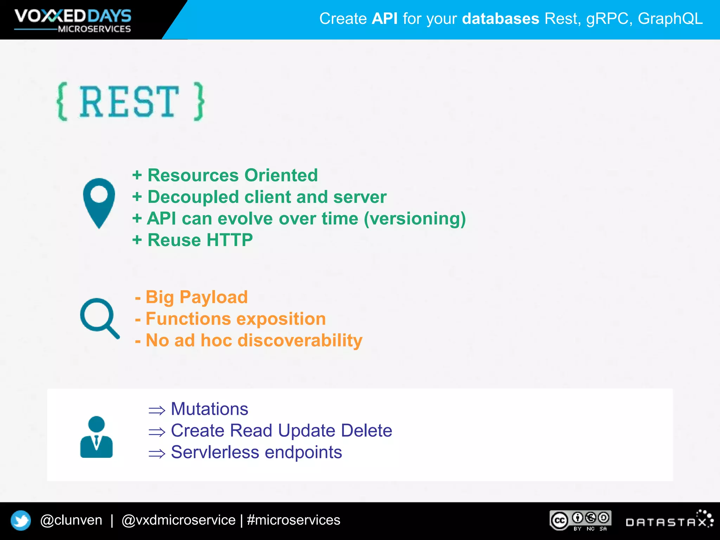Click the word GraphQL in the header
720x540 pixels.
pos(670,19)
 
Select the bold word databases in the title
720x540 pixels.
pos(500,19)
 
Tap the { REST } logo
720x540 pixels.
pos(130,102)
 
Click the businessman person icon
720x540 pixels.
pos(96,437)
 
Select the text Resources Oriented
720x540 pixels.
pos(232,175)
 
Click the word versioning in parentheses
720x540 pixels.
pos(415,219)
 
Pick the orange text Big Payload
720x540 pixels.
pos(197,297)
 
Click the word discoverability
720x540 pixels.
pos(300,340)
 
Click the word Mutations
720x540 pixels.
pos(210,409)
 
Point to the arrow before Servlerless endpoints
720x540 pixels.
pos(157,453)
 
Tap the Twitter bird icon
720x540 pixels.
pos(21,520)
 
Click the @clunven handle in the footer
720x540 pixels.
pos(71,520)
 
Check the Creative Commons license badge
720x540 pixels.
pos(580,520)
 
